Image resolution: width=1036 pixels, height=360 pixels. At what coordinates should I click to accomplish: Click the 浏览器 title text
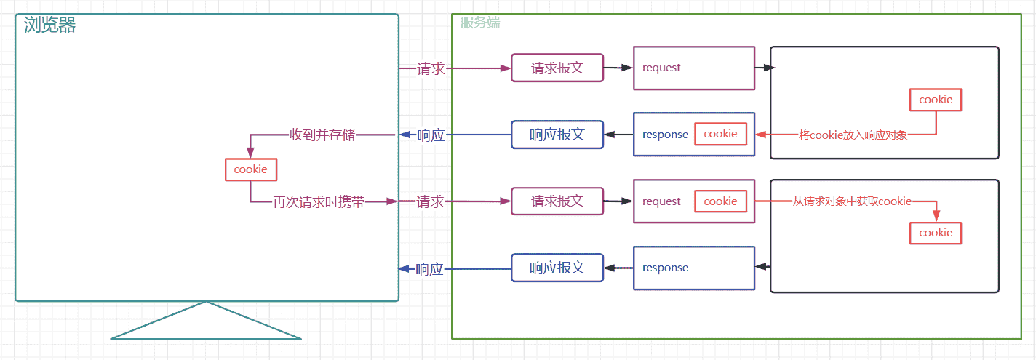click(x=49, y=25)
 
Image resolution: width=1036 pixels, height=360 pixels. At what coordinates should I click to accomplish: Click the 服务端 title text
click(x=480, y=23)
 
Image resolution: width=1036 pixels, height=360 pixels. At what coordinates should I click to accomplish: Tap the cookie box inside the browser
click(x=251, y=169)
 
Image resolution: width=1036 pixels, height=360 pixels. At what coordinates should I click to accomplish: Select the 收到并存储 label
click(x=322, y=135)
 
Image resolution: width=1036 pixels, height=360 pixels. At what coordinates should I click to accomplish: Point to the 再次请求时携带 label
click(x=319, y=202)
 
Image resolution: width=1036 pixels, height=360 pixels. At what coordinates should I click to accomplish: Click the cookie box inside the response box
click(x=720, y=134)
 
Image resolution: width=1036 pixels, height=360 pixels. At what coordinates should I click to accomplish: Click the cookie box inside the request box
click(x=720, y=201)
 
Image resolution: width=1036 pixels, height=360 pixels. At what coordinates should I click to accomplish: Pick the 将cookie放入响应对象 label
click(x=853, y=135)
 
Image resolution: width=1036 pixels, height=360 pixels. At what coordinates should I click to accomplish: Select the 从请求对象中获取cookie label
click(x=853, y=201)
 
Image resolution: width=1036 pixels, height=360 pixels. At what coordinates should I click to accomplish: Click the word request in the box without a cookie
click(x=661, y=68)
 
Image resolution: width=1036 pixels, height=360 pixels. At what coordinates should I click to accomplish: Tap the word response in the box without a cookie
click(x=665, y=268)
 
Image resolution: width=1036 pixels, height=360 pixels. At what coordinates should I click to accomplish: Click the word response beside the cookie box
click(x=665, y=135)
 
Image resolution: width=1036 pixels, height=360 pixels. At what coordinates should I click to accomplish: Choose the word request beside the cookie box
click(x=661, y=202)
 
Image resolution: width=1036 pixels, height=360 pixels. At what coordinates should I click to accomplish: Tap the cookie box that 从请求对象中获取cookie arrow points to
click(x=936, y=233)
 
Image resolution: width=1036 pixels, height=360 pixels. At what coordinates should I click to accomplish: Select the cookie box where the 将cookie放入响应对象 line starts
click(x=936, y=100)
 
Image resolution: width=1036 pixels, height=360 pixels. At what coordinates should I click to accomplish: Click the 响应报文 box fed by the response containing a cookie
click(x=557, y=135)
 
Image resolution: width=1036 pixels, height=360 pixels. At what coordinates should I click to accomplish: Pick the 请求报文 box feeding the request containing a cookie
click(x=557, y=201)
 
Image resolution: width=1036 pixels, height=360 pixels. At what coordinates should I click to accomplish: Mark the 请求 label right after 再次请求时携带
click(x=430, y=201)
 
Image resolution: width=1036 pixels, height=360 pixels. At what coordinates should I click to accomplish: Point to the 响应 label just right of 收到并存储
click(x=431, y=135)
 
